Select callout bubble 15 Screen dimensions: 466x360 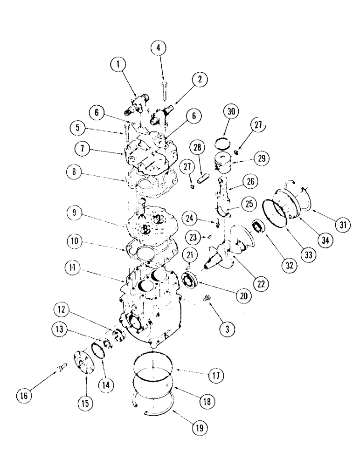(87, 402)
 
